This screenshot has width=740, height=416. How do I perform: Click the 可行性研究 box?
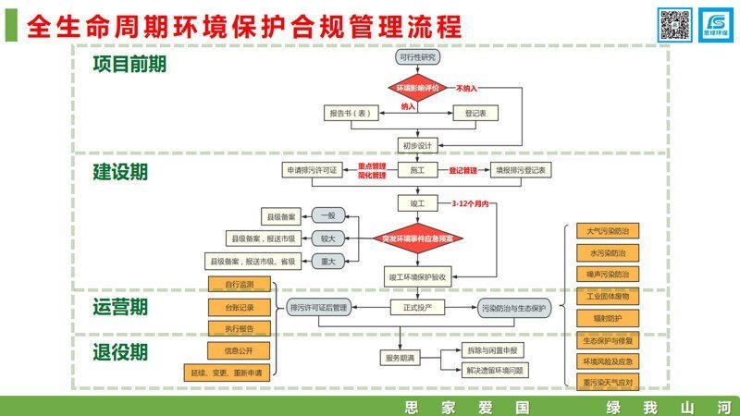(x=417, y=57)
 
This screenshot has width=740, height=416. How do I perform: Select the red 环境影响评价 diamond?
(x=417, y=88)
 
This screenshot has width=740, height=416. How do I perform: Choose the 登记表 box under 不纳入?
(x=475, y=113)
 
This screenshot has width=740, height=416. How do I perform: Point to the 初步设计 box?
(x=417, y=145)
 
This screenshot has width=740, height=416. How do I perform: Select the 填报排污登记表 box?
(x=521, y=171)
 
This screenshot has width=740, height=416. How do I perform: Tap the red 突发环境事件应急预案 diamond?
(x=417, y=239)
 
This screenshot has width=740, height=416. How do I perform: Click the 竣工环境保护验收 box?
(x=417, y=276)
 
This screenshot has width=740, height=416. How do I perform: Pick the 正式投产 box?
(x=417, y=307)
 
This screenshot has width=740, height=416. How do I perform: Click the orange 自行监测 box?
(x=239, y=284)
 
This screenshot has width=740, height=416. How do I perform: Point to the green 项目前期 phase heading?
(x=129, y=64)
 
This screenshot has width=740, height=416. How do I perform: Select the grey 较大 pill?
(x=327, y=239)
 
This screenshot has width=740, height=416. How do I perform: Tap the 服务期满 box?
(x=398, y=357)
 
